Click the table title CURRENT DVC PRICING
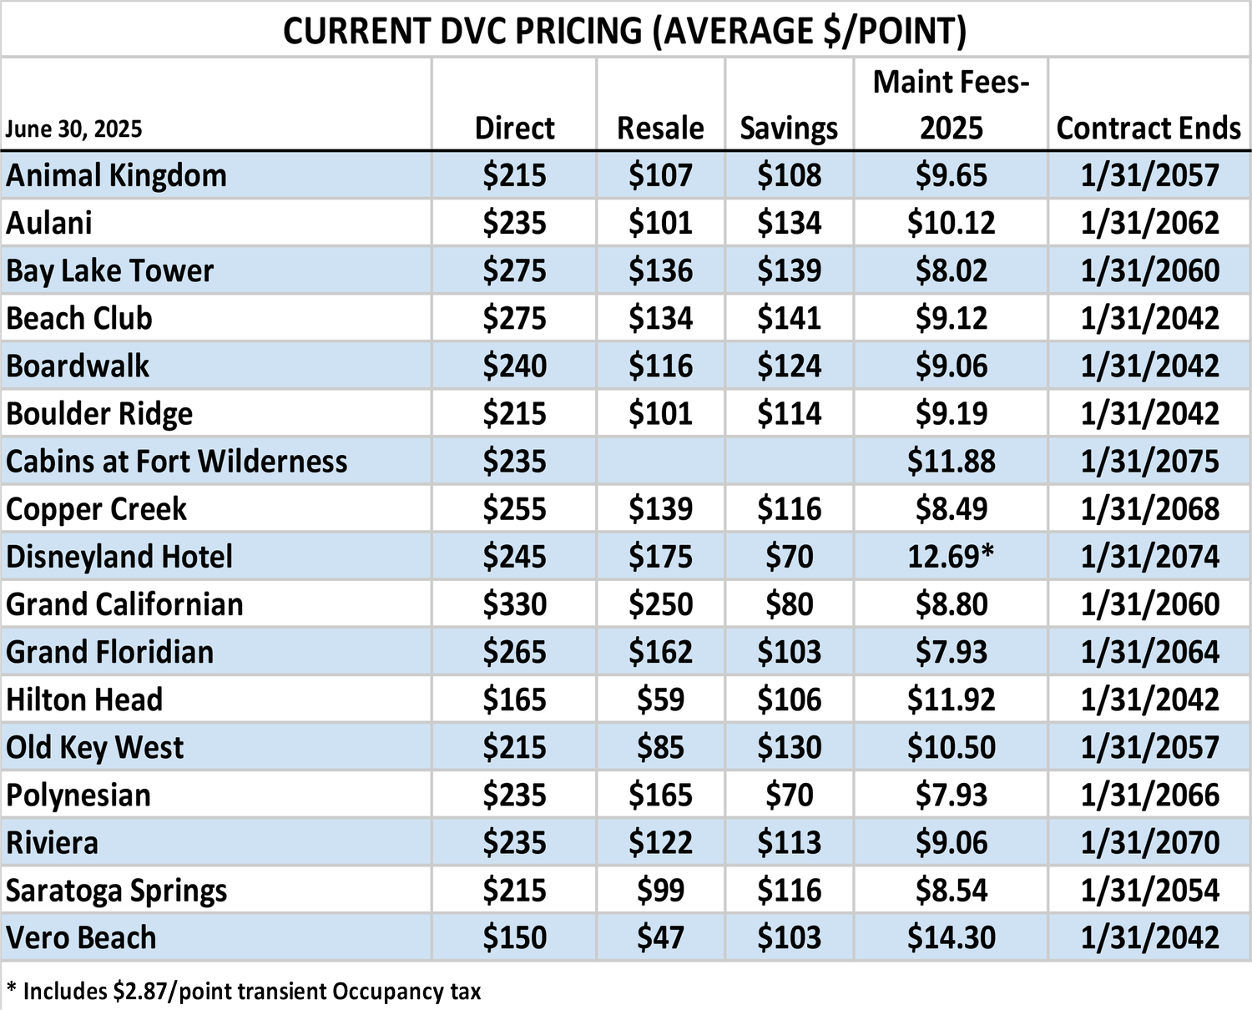click(x=624, y=31)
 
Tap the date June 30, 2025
click(x=73, y=129)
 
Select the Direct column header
click(x=514, y=128)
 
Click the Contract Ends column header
click(x=1149, y=128)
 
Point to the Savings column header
click(x=789, y=128)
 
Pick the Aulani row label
click(x=49, y=223)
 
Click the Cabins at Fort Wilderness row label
click(x=177, y=462)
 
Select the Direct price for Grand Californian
click(x=514, y=604)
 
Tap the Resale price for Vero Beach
click(x=660, y=937)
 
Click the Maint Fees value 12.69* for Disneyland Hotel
click(x=951, y=557)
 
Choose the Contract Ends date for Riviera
click(x=1149, y=842)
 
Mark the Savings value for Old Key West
click(x=789, y=747)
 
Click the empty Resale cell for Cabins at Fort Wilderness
click(x=660, y=462)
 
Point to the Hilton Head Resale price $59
click(x=660, y=699)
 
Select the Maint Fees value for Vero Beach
click(x=951, y=937)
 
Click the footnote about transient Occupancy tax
click(x=244, y=992)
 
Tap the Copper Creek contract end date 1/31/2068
click(x=1149, y=509)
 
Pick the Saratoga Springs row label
click(x=117, y=891)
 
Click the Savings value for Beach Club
click(x=789, y=318)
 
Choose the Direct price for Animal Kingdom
click(x=514, y=175)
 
